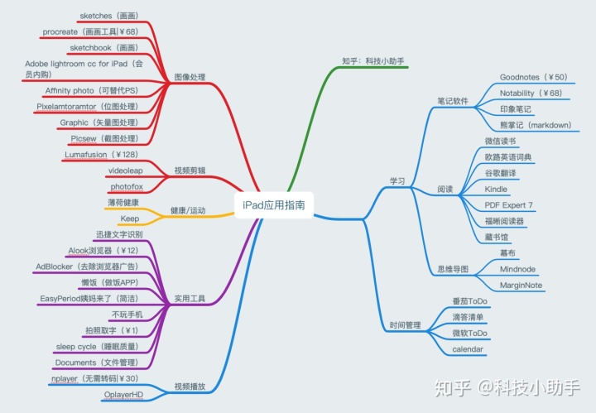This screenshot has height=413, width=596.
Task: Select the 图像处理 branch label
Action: click(190, 78)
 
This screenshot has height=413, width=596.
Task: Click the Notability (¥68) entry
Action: click(531, 94)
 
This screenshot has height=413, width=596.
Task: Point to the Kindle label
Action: click(496, 189)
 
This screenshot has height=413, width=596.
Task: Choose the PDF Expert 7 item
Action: click(508, 205)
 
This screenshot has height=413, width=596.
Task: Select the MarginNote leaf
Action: click(521, 286)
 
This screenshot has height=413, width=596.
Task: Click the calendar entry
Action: click(467, 350)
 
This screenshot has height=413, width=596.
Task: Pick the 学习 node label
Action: click(397, 180)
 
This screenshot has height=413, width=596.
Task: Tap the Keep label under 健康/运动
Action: click(129, 219)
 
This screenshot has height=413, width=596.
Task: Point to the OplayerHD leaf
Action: click(123, 394)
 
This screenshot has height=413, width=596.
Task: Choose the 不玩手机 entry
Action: click(127, 315)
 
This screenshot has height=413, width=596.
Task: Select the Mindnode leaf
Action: click(519, 269)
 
